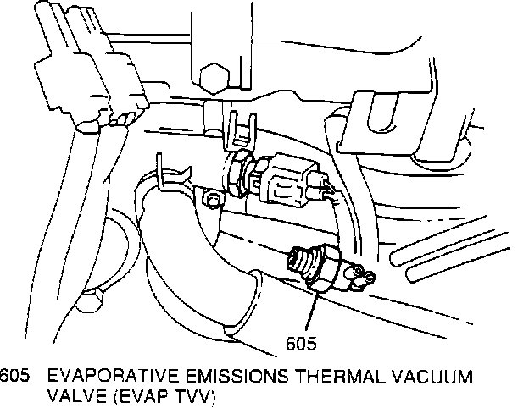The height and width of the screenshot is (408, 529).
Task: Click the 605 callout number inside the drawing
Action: [x=301, y=343]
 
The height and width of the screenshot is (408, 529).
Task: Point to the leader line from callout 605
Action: [x=308, y=309]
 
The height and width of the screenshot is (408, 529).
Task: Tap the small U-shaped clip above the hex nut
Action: [x=241, y=128]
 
